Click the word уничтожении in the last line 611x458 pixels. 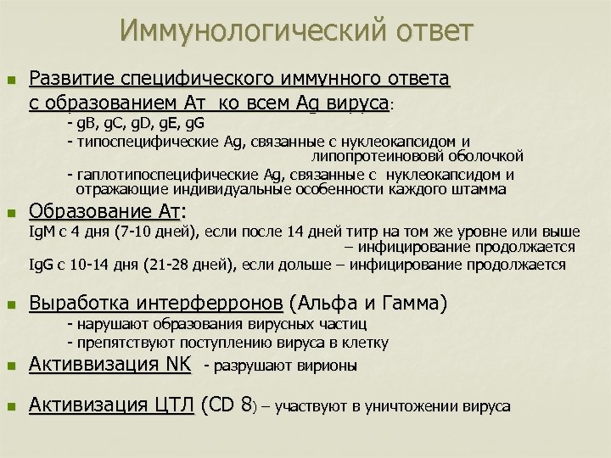(x=411, y=407)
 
